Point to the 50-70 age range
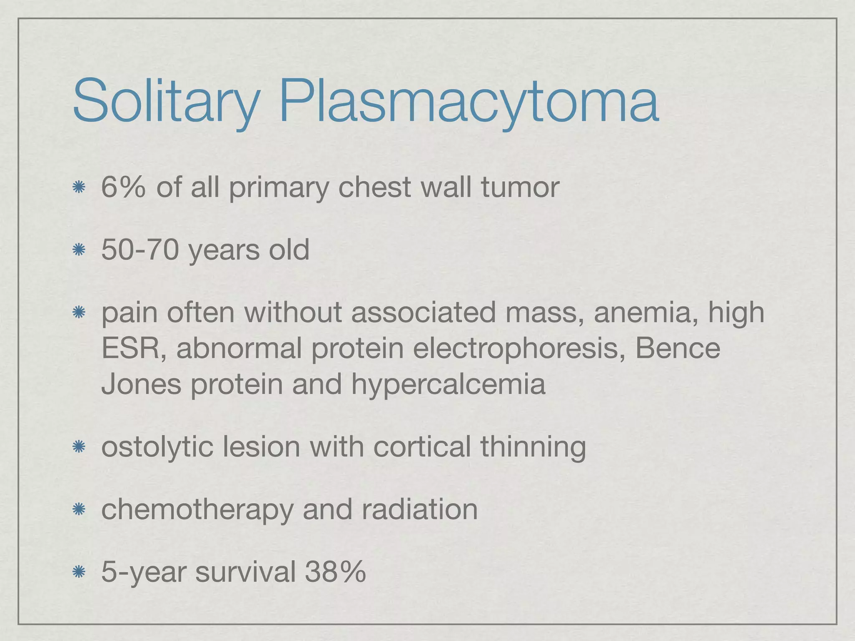(140, 250)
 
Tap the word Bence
(678, 348)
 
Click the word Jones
(141, 384)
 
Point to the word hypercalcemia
(448, 384)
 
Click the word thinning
(533, 447)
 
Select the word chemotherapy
(197, 509)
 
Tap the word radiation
(420, 509)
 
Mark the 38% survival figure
(335, 572)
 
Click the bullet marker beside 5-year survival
(78, 572)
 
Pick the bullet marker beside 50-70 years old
(78, 250)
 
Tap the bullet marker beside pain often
(78, 313)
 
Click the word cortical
(422, 447)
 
